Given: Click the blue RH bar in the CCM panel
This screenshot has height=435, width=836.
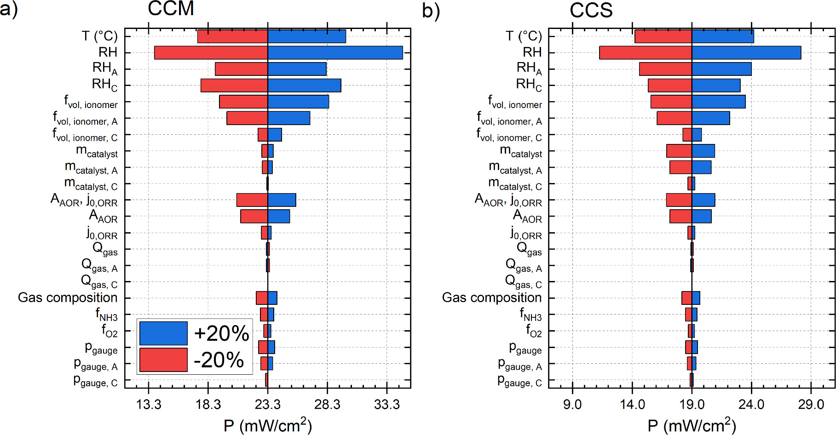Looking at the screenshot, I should click(x=335, y=52).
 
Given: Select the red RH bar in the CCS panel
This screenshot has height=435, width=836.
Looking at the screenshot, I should click(x=645, y=52).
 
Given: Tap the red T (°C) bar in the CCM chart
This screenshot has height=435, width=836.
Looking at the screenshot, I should click(x=232, y=36).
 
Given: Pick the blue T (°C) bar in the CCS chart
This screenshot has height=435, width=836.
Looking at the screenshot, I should click(x=722, y=36).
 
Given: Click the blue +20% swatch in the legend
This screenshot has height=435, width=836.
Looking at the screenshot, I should click(x=163, y=333).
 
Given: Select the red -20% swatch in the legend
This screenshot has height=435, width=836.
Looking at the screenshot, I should click(x=163, y=360).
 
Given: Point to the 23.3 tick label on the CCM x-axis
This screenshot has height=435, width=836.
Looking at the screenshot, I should click(x=268, y=405).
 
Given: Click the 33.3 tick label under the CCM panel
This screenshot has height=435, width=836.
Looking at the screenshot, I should click(x=387, y=405).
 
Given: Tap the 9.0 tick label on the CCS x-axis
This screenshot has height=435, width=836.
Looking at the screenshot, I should click(x=572, y=405).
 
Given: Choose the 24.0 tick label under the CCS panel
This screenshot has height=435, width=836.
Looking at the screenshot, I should click(x=751, y=405).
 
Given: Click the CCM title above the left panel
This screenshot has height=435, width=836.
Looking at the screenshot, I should click(x=171, y=9).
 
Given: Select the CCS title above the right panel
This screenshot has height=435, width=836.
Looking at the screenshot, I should click(x=591, y=10).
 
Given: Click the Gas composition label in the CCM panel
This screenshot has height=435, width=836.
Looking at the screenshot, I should click(x=68, y=298).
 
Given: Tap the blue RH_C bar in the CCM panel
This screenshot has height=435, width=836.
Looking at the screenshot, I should click(x=304, y=86).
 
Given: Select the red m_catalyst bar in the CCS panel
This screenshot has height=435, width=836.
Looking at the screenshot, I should click(x=679, y=151).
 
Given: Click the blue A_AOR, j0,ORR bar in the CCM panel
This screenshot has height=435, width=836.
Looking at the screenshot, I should click(x=282, y=200).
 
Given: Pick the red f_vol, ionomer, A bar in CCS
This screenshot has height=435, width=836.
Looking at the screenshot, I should click(x=674, y=118).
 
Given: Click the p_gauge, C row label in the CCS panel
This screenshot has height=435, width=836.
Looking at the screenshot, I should click(x=519, y=381).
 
